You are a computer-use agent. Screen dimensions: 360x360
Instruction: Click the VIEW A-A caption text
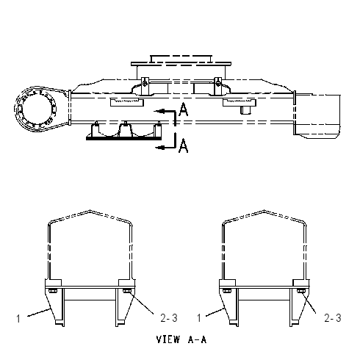coord(181,339)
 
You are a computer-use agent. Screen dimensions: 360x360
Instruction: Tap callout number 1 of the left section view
coord(18,319)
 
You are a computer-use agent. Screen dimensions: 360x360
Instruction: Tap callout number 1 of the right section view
coord(199,318)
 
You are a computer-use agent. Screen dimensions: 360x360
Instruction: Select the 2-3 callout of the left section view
coord(169,318)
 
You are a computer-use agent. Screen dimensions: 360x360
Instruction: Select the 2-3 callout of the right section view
coord(333,318)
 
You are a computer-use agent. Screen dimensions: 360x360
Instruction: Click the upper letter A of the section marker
coord(184,109)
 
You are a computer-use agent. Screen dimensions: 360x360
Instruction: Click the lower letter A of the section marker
coord(184,145)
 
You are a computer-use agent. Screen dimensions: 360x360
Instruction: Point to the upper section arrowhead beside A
coord(159,112)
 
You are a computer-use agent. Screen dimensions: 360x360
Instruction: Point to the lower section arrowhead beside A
coord(160,147)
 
